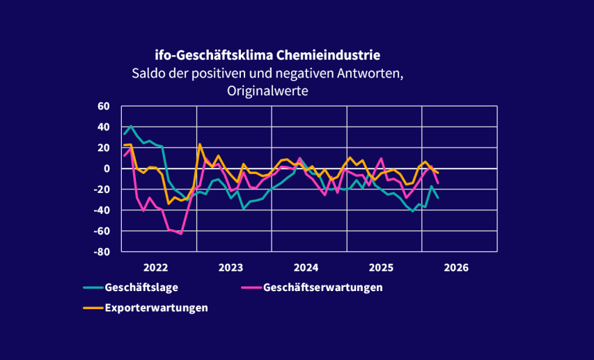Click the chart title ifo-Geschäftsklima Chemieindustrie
[x=267, y=54]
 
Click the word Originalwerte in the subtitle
[x=267, y=91]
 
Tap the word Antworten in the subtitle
[x=360, y=72]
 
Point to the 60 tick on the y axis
[x=104, y=107]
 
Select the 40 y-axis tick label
[x=104, y=127]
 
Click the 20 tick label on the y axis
[x=104, y=148]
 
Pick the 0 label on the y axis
[x=107, y=169]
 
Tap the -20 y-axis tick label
[x=102, y=189]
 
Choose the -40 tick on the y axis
[x=102, y=210]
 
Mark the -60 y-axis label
[x=102, y=231]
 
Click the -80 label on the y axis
[x=102, y=252]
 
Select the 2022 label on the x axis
[x=155, y=267]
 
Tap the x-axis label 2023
[x=230, y=267]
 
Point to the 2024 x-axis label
[x=306, y=267]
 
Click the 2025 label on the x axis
[x=381, y=267]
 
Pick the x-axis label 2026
[x=456, y=267]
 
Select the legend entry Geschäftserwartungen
[x=323, y=287]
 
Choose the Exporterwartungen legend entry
[x=156, y=307]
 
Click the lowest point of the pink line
[x=181, y=233]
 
